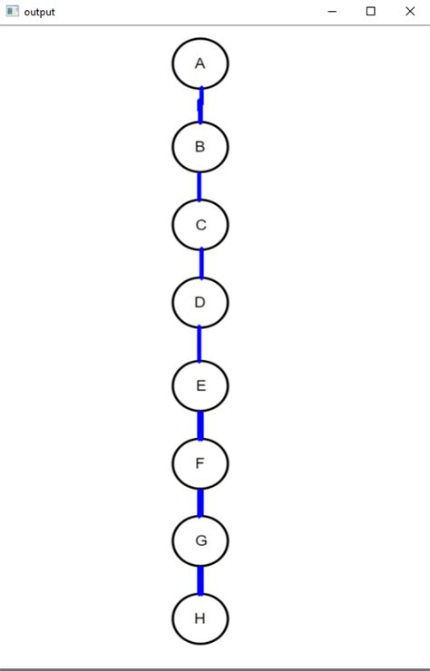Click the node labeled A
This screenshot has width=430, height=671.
tap(200, 63)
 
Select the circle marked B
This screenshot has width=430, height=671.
tap(200, 146)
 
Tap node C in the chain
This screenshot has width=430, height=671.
tap(200, 225)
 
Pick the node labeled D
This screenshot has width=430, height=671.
tap(200, 302)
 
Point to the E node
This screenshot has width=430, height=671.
tap(200, 385)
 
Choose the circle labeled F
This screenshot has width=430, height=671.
tap(200, 463)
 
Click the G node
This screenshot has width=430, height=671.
tap(200, 541)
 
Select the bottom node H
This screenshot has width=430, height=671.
tap(200, 618)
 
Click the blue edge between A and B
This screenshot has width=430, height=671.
tap(200, 105)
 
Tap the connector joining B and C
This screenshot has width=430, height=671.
tap(200, 186)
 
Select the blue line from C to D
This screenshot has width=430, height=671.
tap(200, 263)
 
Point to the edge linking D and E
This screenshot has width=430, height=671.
tap(200, 344)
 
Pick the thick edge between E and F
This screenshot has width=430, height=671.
tap(200, 424)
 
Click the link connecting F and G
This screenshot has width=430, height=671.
tap(200, 502)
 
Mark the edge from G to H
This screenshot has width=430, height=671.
tap(200, 579)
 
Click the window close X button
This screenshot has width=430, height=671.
tap(409, 12)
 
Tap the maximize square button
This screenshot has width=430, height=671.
tap(370, 12)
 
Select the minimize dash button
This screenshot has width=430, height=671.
tap(332, 12)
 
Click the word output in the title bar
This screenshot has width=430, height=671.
tap(40, 12)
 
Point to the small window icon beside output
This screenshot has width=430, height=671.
tap(12, 12)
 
